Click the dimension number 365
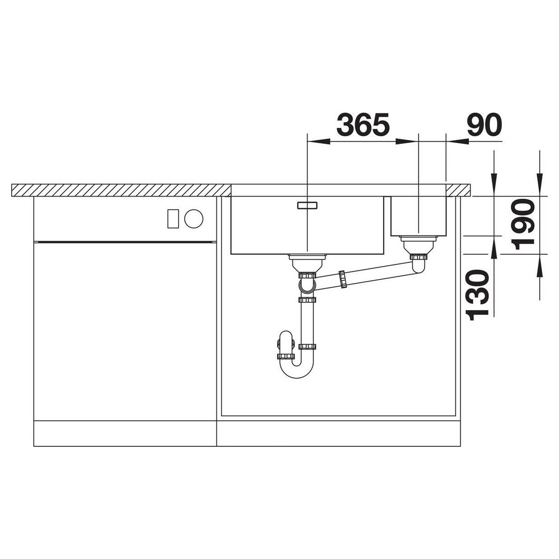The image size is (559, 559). point(363,125)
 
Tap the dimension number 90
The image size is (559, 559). point(484,125)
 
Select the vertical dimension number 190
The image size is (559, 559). point(523,224)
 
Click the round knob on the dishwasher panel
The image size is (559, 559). point(194,218)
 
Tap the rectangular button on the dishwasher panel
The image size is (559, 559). point(173,218)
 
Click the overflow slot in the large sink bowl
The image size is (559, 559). point(307,205)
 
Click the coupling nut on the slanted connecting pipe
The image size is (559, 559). point(343,279)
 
